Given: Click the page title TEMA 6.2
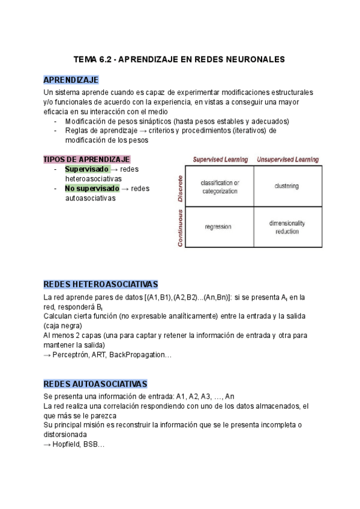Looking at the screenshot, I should [x=179, y=59].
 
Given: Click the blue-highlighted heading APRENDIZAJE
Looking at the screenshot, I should [x=71, y=80].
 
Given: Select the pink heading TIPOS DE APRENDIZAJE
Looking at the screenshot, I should [x=86, y=159].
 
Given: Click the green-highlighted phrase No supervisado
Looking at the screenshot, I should [x=92, y=188].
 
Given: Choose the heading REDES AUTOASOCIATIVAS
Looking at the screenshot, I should [x=95, y=384].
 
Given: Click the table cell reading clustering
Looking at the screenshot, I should [x=286, y=186].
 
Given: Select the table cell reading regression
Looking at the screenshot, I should [x=218, y=227].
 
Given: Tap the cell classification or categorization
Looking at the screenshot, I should [x=220, y=187].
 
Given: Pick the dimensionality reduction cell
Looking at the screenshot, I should [x=287, y=227].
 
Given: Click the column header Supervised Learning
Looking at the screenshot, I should [x=220, y=160].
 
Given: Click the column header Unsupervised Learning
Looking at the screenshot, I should [x=287, y=160].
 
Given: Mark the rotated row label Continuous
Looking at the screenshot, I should [x=179, y=227].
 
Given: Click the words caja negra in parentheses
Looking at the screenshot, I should [x=65, y=326].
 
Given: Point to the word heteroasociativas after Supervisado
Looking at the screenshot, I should [x=93, y=179].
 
